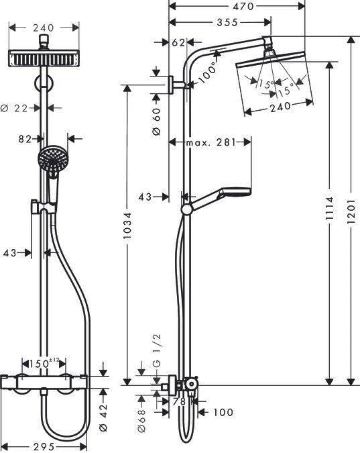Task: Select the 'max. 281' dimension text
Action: click(210, 142)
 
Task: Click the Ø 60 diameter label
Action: click(156, 122)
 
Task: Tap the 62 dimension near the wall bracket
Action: click(178, 43)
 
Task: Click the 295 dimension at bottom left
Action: click(44, 446)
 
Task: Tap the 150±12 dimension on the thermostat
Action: click(49, 363)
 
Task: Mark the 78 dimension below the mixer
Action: click(178, 402)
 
